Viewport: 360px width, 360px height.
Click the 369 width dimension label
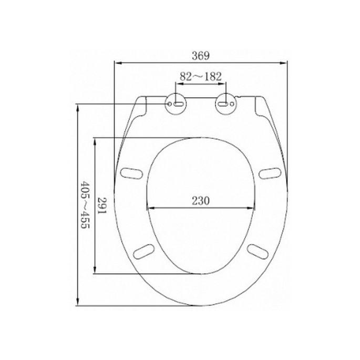pyautogui.click(x=202, y=55)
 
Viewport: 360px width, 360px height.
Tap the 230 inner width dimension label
pyautogui.click(x=200, y=200)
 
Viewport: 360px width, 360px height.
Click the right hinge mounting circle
pyautogui.click(x=225, y=103)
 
